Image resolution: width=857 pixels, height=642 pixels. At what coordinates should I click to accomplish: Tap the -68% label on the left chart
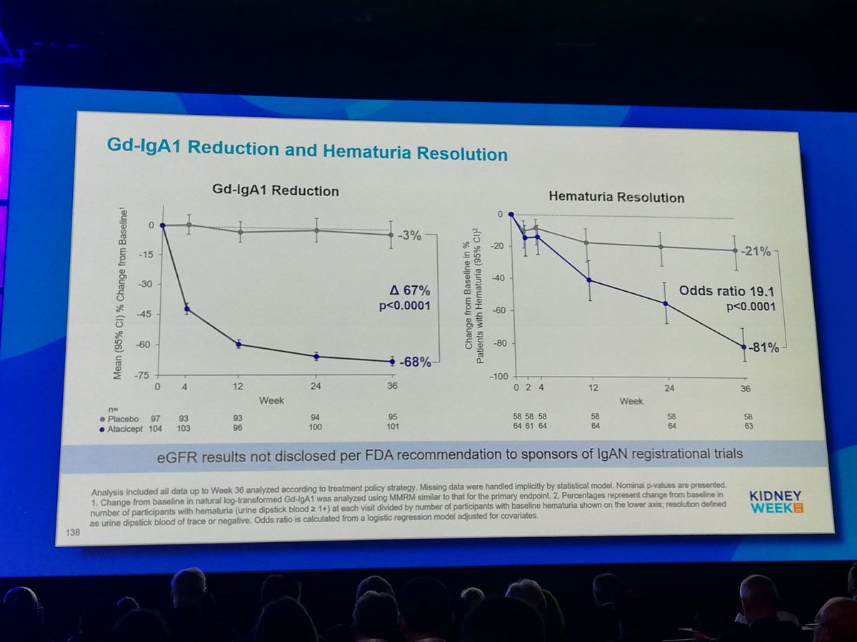416,362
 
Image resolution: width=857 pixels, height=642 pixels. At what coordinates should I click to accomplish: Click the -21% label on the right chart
756,252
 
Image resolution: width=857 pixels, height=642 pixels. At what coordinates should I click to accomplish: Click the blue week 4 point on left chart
187,309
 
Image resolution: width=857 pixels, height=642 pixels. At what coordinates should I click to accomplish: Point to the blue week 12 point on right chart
588,280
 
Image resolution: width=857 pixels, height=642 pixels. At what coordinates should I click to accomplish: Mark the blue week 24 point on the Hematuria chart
666,303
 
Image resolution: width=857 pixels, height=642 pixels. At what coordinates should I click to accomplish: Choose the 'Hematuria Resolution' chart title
616,198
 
